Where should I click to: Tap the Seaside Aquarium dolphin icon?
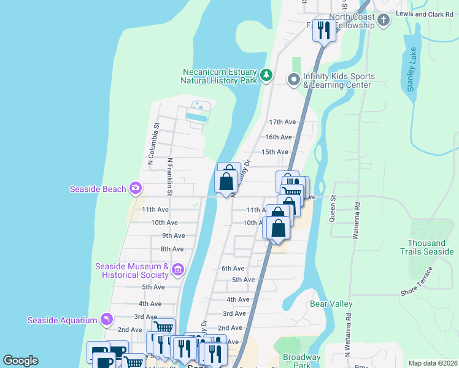[x=107, y=320]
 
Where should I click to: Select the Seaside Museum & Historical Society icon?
[x=178, y=269]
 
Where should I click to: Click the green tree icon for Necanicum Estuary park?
[x=266, y=75]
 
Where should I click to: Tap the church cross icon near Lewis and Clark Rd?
[x=384, y=20]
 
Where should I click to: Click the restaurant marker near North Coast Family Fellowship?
[x=323, y=29]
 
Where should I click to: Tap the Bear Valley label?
[x=331, y=304]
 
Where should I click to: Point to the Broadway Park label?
[x=301, y=361]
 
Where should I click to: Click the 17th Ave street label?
[x=282, y=122]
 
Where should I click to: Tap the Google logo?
[x=20, y=361]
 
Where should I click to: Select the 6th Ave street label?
[x=233, y=269]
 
